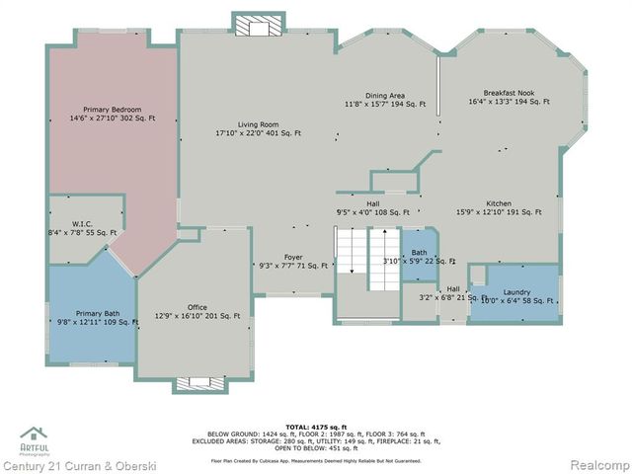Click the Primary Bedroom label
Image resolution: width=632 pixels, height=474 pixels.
113,110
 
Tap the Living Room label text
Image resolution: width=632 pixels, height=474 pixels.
257,124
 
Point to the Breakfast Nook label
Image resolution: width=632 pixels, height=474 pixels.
509,93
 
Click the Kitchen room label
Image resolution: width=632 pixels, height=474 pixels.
498,203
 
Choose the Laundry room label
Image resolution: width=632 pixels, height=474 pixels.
516,291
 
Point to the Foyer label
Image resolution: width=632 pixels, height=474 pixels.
293,257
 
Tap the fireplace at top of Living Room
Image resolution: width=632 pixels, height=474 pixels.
258,26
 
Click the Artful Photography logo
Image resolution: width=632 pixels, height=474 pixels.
34,438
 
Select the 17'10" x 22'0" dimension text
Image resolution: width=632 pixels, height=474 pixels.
258,133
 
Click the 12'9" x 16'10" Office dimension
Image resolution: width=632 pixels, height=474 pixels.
197,316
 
